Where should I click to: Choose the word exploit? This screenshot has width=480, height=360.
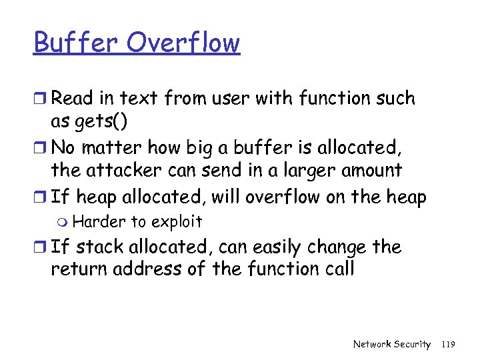(177, 222)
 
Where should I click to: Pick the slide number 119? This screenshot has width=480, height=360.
(448, 344)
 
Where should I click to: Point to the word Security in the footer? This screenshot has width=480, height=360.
(413, 344)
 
